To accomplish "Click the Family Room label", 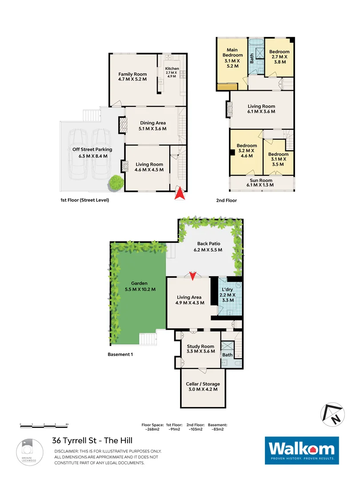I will coord(132,74).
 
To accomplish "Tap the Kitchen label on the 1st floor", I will coord(172,69).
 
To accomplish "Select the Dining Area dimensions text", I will coord(152,129).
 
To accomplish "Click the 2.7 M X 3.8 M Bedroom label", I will coord(280,57).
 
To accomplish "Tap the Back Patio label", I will coord(207,244).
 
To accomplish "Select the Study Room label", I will coord(200,346).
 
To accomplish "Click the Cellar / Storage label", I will coord(203,384).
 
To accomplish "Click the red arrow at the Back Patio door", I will coord(192,276).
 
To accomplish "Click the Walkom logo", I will coord(302,450).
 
